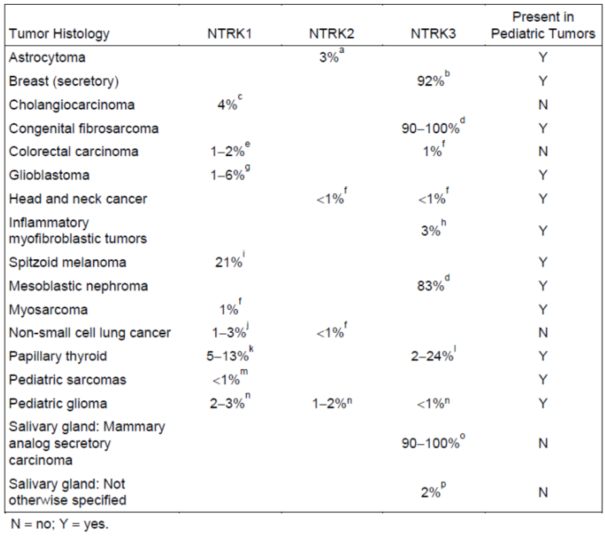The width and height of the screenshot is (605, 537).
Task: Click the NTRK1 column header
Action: coord(229,34)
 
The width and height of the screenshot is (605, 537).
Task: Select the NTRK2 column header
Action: coord(331,34)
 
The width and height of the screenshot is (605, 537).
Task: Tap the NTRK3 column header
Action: coord(433,34)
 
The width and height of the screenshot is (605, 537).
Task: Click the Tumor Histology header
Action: coord(59,34)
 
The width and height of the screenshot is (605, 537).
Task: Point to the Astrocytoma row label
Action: coord(47,58)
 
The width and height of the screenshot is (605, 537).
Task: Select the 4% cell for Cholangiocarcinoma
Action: coord(227,105)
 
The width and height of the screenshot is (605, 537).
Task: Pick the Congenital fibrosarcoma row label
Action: coord(83,128)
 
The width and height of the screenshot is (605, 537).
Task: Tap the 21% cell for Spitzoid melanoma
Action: coord(229,262)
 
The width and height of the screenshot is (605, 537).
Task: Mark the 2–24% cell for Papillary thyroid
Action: coord(432,356)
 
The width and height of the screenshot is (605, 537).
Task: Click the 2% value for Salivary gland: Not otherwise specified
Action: coord(431,492)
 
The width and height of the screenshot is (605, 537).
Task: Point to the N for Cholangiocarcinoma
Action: coord(543,105)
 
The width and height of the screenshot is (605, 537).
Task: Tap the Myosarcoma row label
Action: coord(48,309)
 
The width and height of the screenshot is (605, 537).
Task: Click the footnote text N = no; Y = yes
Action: coord(59,524)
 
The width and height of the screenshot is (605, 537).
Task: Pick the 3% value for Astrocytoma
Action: coord(329,58)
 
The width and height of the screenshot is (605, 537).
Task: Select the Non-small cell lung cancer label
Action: coord(90,333)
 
